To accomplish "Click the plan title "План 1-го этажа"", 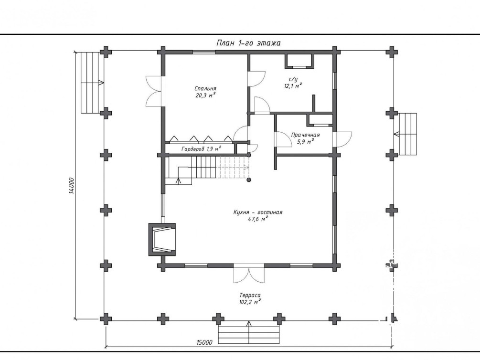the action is (248, 43).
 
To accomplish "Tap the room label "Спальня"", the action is (205, 88).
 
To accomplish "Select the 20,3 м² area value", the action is (205, 95).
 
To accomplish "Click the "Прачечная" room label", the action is (305, 135).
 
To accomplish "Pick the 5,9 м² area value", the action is (306, 141).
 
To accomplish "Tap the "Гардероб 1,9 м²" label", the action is (201, 149).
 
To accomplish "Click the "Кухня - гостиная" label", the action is (258, 212).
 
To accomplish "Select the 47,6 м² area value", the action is (258, 219).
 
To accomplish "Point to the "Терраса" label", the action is (250, 295).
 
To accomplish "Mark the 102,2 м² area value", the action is (250, 302).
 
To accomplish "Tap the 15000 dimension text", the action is (204, 342).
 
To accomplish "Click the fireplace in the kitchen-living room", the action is (162, 239).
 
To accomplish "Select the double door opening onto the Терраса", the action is (248, 274).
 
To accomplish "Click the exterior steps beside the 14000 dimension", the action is (92, 83).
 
